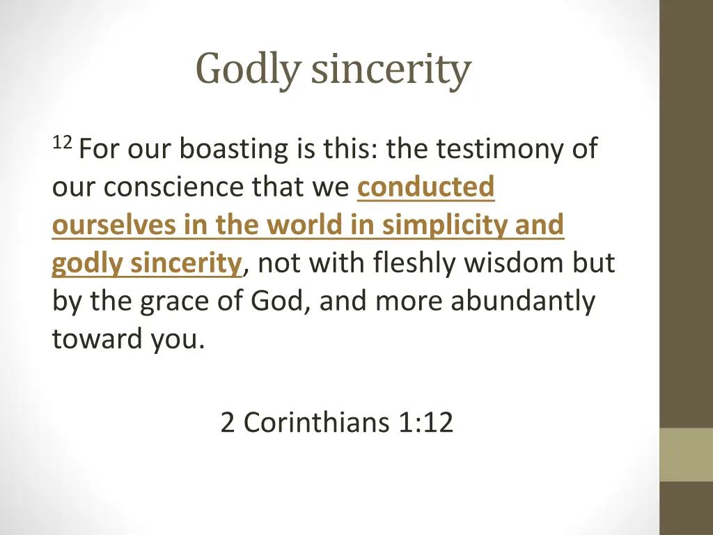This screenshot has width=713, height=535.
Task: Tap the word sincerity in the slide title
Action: [x=391, y=70]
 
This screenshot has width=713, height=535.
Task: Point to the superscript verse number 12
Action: [x=62, y=144]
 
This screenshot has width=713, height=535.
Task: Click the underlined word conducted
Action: [x=425, y=187]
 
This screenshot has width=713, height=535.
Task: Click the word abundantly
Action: [x=523, y=302]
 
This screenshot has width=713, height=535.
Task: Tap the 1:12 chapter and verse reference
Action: [x=427, y=422]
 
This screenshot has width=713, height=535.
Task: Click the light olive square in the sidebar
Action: [x=686, y=454]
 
